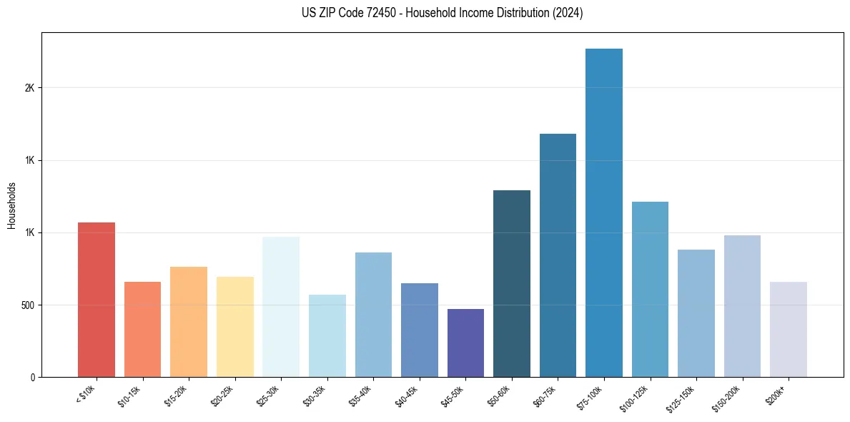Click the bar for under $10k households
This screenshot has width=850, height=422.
click(97, 300)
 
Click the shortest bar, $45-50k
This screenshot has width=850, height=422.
click(465, 343)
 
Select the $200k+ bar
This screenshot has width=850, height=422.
click(789, 329)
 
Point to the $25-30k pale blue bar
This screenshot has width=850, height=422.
click(281, 307)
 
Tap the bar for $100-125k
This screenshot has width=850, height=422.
click(650, 289)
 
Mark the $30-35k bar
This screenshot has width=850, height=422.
click(327, 335)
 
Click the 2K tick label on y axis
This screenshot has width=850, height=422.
click(29, 88)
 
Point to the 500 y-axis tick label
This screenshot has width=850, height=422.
click(26, 305)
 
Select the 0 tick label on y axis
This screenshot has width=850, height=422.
click(31, 377)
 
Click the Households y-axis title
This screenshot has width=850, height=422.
click(11, 205)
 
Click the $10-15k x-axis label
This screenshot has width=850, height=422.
click(130, 396)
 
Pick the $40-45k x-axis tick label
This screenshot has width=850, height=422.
click(407, 396)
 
